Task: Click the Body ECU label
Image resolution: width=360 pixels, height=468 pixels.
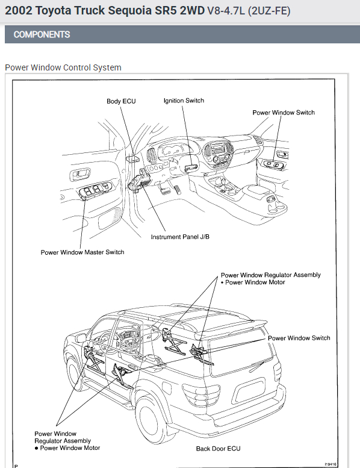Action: pos(121,101)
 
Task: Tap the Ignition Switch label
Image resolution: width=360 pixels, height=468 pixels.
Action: pos(184,101)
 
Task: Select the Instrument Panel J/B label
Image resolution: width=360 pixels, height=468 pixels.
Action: pos(180,237)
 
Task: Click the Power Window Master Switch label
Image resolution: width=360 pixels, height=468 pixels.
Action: pos(82,252)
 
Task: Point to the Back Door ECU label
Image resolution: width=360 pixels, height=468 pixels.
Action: pos(218,448)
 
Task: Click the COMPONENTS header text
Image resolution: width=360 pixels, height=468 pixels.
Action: pos(42,34)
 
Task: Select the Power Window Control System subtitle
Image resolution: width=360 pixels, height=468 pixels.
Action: pos(63,67)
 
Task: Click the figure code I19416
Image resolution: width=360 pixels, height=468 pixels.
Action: pos(330,464)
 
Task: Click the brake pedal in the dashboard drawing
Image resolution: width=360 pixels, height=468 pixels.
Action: pos(163,189)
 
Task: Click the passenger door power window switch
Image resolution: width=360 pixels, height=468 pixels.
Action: pos(273,164)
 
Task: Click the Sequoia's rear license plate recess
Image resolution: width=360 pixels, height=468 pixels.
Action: pos(250,391)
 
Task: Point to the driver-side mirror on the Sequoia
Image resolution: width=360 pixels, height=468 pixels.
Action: pos(81,338)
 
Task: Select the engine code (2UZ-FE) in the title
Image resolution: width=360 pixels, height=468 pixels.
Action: pos(269,11)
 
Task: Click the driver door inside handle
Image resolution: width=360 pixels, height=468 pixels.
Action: pos(79,173)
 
